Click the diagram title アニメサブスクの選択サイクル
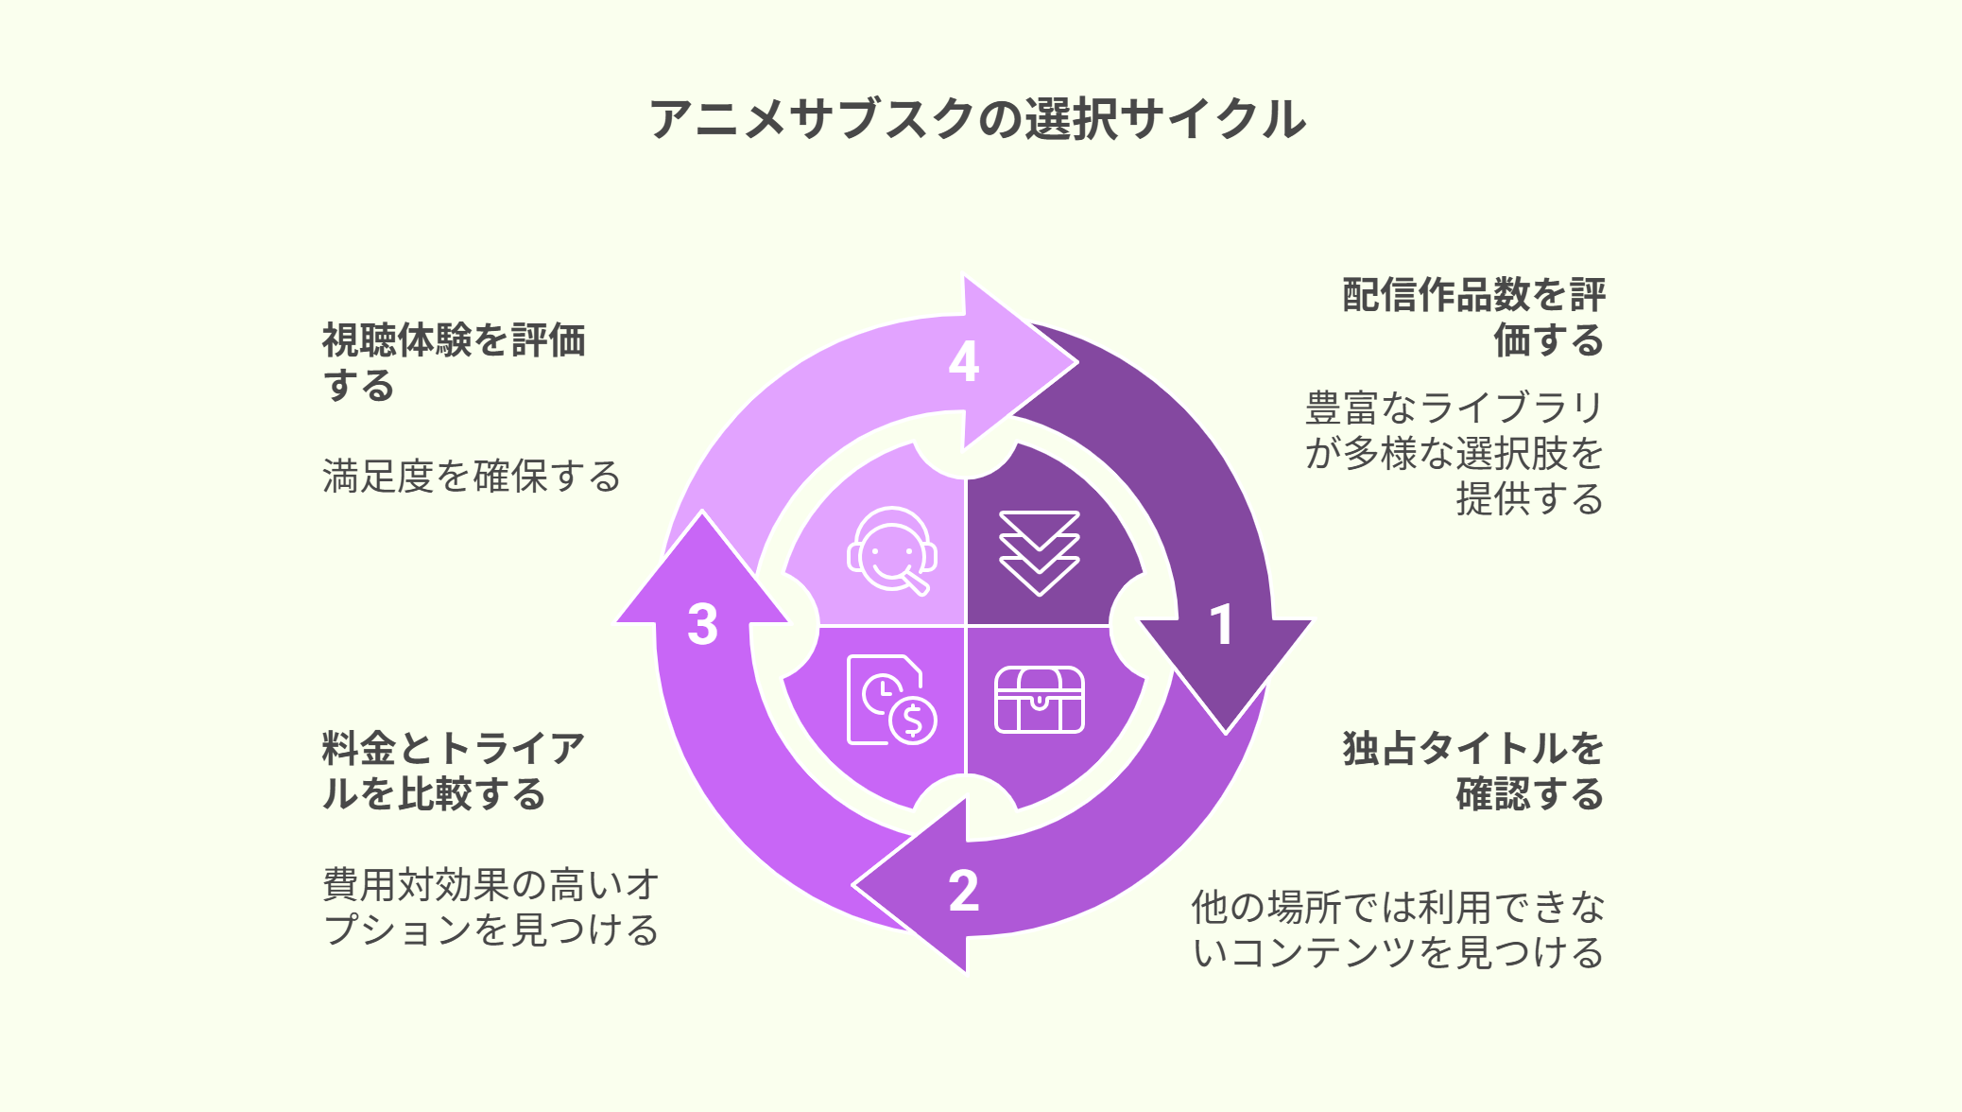[x=978, y=119]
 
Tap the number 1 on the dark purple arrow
[x=1222, y=625]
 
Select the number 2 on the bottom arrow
[x=964, y=891]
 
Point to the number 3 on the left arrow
[x=702, y=624]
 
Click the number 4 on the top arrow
[x=964, y=361]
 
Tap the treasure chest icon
[x=1039, y=700]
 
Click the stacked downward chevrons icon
[x=1039, y=553]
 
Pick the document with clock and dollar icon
[x=891, y=700]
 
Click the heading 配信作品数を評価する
[x=1473, y=317]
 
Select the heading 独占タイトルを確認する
[x=1473, y=771]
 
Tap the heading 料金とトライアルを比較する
[x=454, y=771]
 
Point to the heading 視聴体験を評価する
[x=454, y=362]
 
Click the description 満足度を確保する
[x=472, y=476]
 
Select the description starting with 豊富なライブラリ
[x=1454, y=453]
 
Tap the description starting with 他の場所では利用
[x=1398, y=930]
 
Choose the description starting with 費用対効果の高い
[x=491, y=907]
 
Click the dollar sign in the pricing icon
[x=912, y=721]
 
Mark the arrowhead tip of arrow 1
[x=1226, y=734]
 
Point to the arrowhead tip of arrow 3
[x=702, y=511]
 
